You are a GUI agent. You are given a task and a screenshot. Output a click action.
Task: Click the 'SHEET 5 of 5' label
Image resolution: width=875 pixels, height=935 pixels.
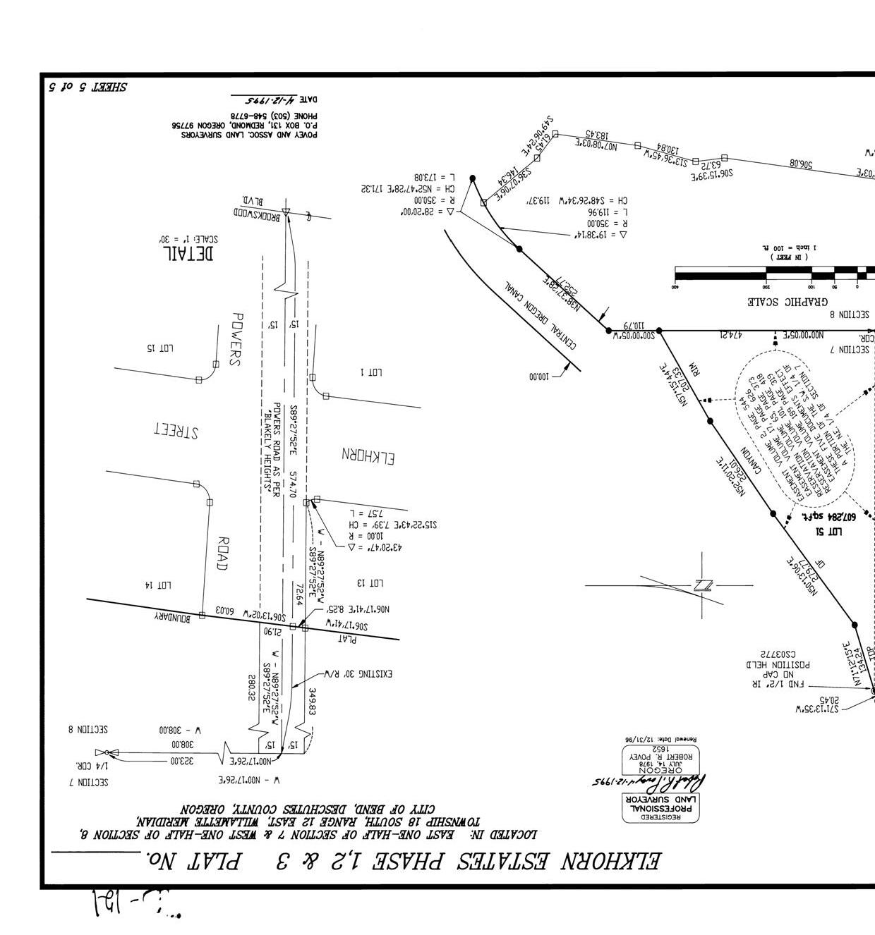(x=87, y=87)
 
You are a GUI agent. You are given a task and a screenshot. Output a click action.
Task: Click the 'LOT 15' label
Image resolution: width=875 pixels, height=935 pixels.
(x=160, y=348)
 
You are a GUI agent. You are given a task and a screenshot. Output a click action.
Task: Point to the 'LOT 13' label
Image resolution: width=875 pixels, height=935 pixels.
(x=370, y=582)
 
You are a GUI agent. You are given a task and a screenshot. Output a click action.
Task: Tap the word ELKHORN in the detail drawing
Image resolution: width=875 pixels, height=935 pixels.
(x=368, y=456)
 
